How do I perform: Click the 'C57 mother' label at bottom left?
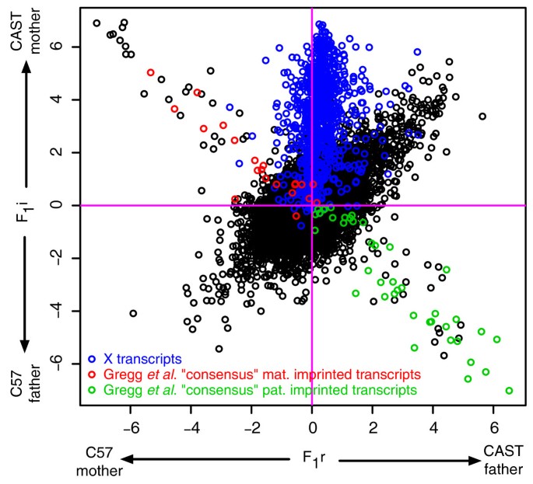pos(99,463)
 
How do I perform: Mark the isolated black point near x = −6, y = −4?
pos(133,313)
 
